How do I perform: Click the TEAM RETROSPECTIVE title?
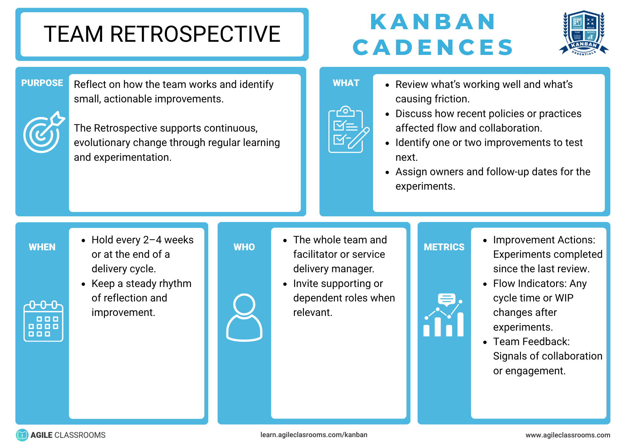162,34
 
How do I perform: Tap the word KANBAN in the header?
433,22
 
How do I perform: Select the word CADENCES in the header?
433,47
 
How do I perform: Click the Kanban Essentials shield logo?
584,33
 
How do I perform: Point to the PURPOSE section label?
42,83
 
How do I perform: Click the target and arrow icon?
43,132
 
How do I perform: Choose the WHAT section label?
346,83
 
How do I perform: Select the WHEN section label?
42,247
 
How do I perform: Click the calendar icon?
43,321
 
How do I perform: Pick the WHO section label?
244,247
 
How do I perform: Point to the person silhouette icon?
244,317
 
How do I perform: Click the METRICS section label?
444,247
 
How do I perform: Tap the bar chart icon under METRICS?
443,315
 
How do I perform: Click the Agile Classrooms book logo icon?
22,435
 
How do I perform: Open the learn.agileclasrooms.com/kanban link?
314,435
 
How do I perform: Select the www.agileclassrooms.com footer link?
568,435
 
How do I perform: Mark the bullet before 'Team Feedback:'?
485,342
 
